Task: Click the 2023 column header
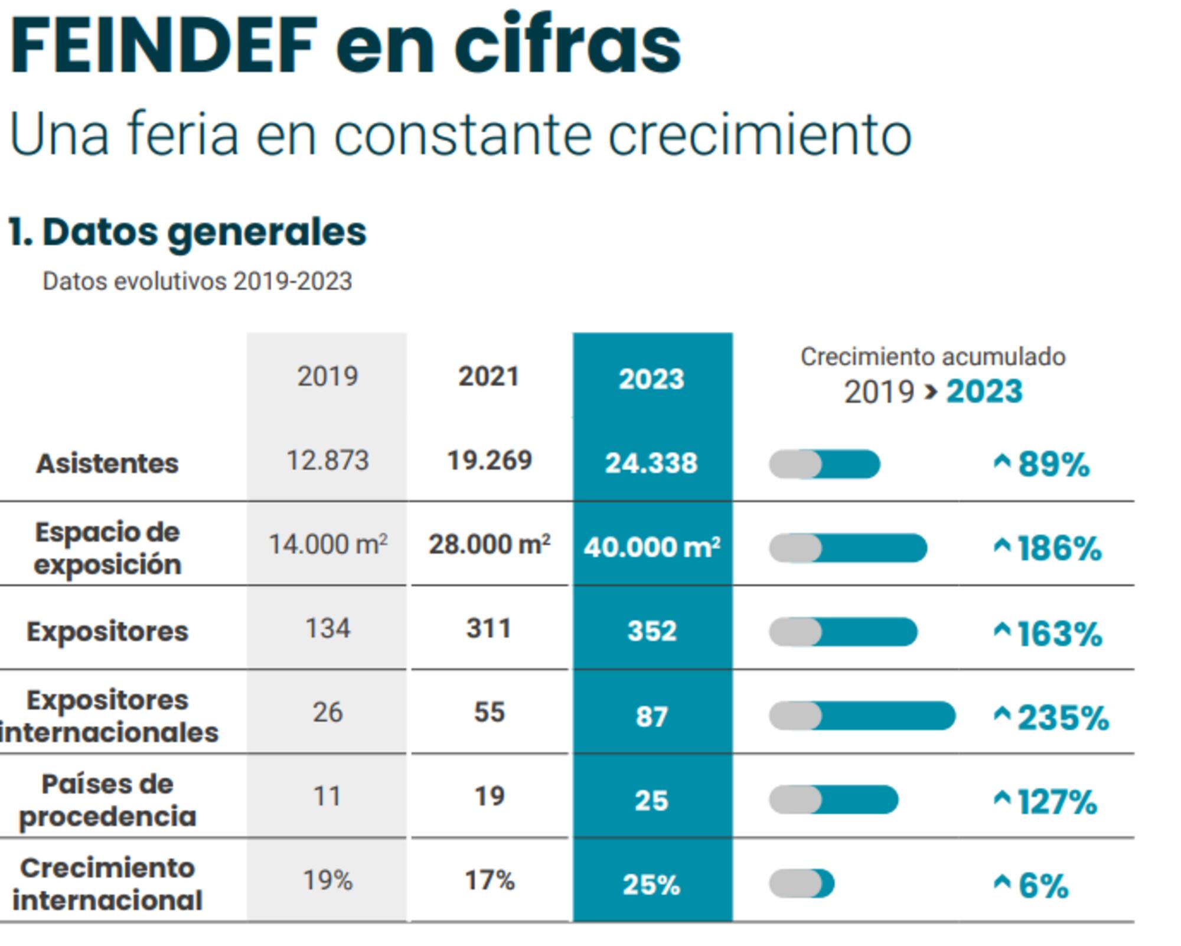pyautogui.click(x=651, y=379)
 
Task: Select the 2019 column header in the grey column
pyautogui.click(x=327, y=376)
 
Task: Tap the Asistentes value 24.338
pyautogui.click(x=651, y=463)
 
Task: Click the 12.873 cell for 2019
pyautogui.click(x=327, y=460)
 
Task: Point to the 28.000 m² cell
pyautogui.click(x=490, y=544)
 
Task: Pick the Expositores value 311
pyautogui.click(x=489, y=628)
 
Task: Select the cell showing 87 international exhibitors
pyautogui.click(x=651, y=716)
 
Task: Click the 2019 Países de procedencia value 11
pyautogui.click(x=327, y=796)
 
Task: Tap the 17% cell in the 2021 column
pyautogui.click(x=490, y=880)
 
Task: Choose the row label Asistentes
pyautogui.click(x=107, y=463)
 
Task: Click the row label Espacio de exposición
pyautogui.click(x=107, y=548)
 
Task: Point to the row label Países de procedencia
pyautogui.click(x=107, y=800)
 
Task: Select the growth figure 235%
pyautogui.click(x=1062, y=718)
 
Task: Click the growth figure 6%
pyautogui.click(x=1043, y=886)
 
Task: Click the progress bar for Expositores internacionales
pyautogui.click(x=862, y=716)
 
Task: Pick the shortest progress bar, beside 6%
pyautogui.click(x=801, y=883)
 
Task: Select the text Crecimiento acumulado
pyautogui.click(x=932, y=357)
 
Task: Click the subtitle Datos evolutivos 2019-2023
pyautogui.click(x=197, y=282)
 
